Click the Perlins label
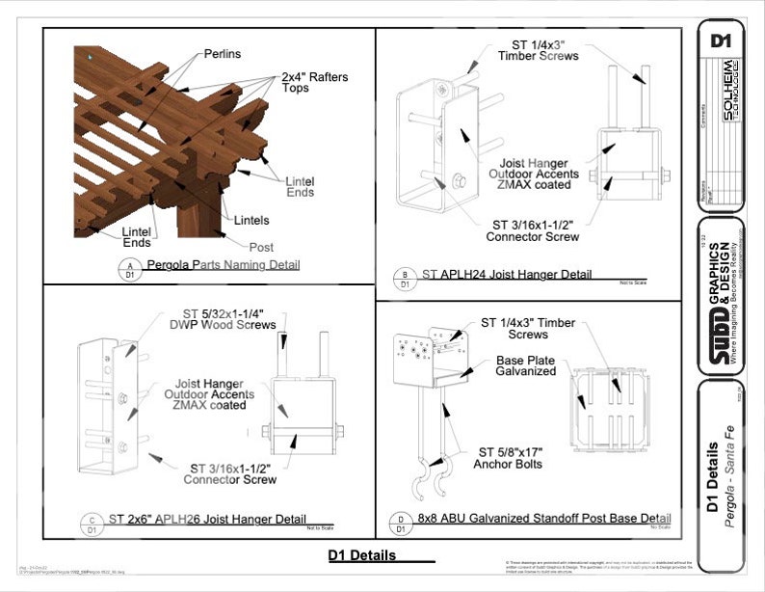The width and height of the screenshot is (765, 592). [x=222, y=54]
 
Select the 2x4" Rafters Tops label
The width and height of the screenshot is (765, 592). [x=314, y=83]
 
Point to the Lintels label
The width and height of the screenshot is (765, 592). [x=251, y=221]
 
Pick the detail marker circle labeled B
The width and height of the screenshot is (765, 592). [x=405, y=279]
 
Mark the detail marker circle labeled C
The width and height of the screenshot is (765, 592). [x=92, y=524]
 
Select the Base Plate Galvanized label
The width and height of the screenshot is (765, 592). [x=525, y=365]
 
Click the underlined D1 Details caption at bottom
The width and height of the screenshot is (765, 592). [x=361, y=555]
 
